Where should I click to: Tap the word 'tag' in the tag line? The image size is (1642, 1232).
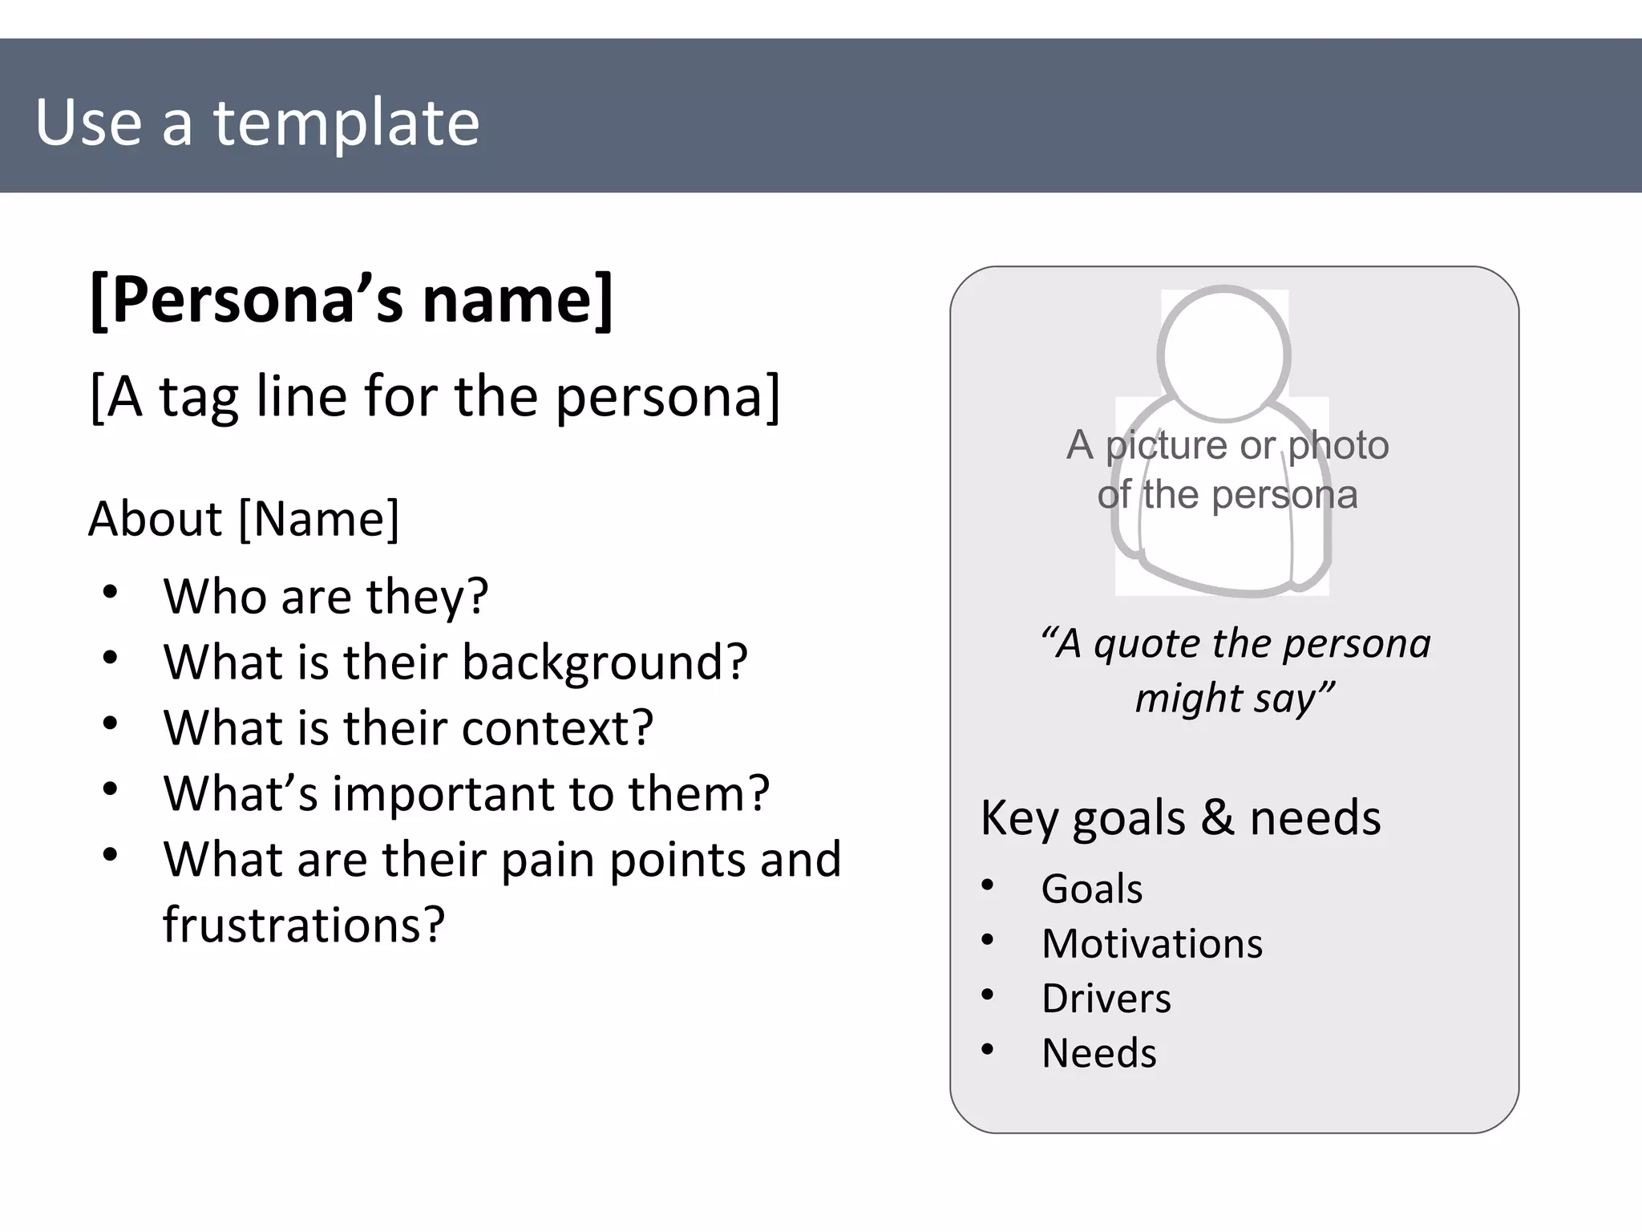coord(199,397)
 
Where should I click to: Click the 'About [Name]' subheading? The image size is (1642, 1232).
coord(244,519)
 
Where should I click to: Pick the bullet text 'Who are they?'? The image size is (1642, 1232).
coord(326,597)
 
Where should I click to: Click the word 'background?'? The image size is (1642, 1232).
coord(605,663)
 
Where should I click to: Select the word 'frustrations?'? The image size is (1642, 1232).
coord(303,925)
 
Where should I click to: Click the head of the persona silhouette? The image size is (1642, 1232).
coord(1223,353)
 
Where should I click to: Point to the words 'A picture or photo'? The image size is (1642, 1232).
coord(1227,445)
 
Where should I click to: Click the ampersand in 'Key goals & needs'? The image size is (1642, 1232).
coord(1217,819)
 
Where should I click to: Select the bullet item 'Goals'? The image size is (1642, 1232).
coord(1091,890)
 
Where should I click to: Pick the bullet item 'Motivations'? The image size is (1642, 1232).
coord(1151,944)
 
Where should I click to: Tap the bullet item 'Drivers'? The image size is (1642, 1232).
coord(1106,999)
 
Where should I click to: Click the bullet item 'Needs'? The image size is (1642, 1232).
coord(1098,1054)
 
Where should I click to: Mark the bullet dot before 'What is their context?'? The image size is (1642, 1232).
coord(111,724)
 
